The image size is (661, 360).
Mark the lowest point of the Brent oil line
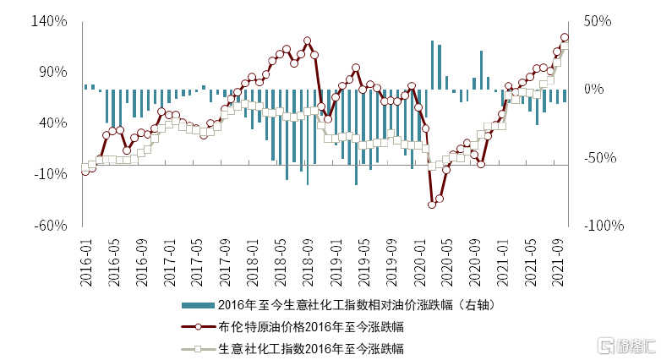tap(432, 205)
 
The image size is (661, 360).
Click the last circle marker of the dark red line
tap(565, 37)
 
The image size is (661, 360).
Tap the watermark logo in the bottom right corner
tap(626, 346)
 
